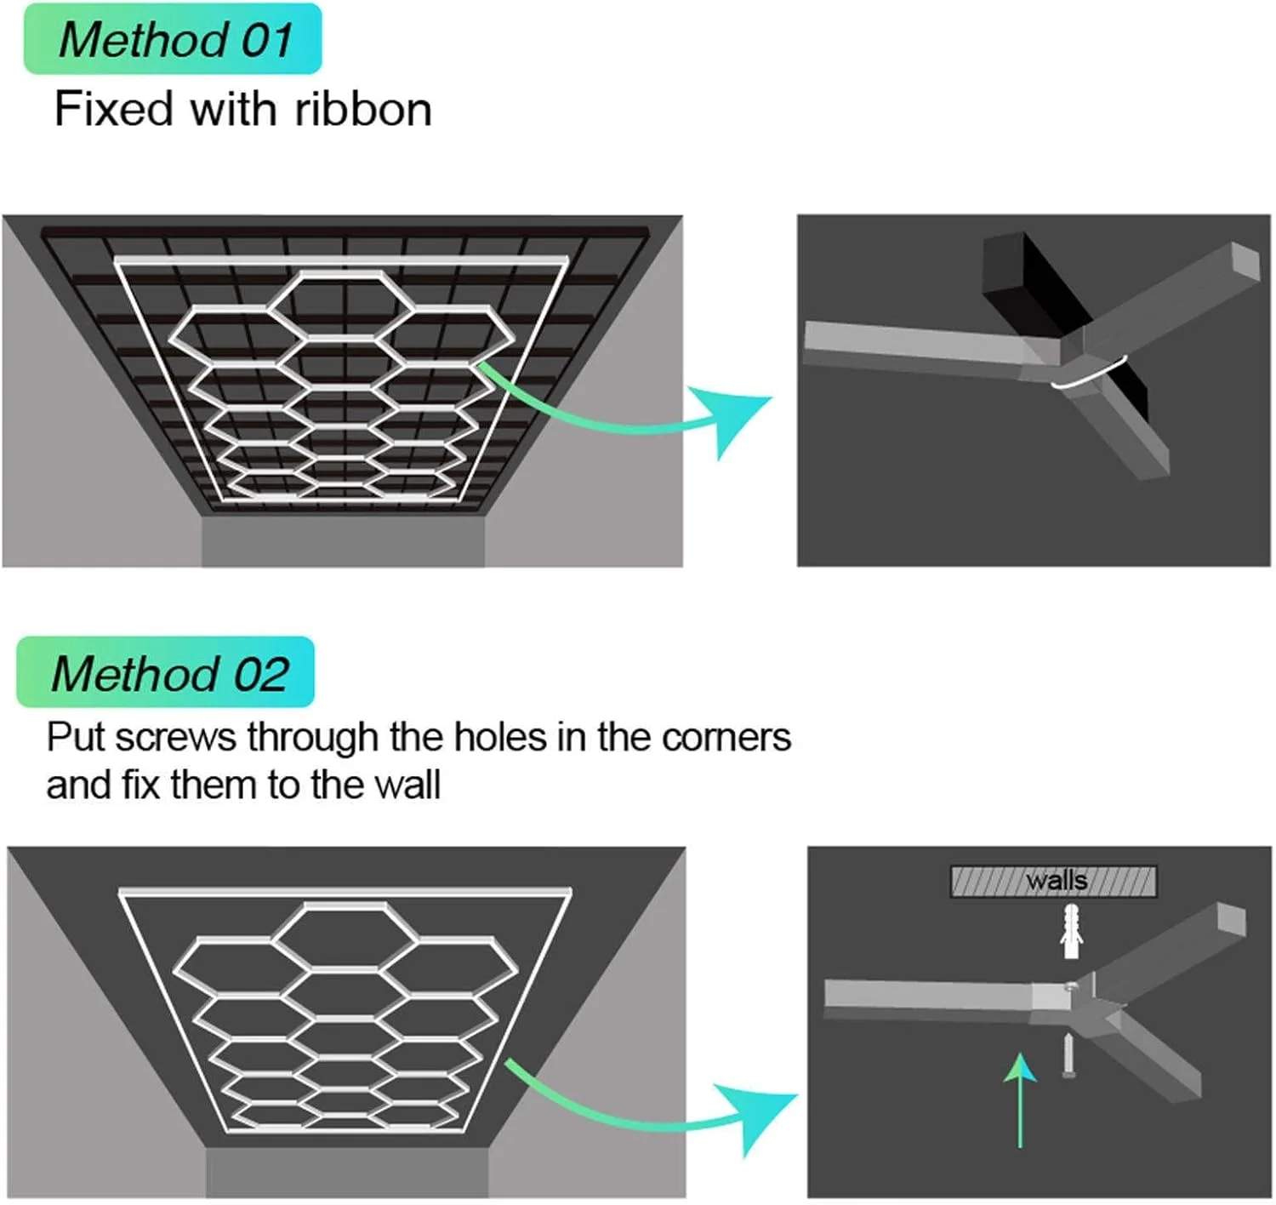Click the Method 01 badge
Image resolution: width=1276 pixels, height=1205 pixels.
[173, 39]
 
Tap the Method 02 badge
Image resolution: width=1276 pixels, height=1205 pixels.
[166, 672]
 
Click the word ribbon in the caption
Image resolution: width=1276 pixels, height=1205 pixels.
[363, 110]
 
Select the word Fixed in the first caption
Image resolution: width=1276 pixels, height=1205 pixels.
[113, 110]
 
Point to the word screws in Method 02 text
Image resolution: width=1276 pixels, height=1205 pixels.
[176, 738]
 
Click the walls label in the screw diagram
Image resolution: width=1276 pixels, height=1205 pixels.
[1056, 880]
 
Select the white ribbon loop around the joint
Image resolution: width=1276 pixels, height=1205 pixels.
[1090, 375]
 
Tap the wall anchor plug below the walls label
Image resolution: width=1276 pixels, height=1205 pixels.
[1071, 932]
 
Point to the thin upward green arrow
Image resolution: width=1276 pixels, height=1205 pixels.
[1020, 1098]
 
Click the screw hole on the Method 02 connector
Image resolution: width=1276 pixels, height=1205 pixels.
[1070, 988]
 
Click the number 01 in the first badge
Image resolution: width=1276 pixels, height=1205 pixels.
[266, 39]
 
